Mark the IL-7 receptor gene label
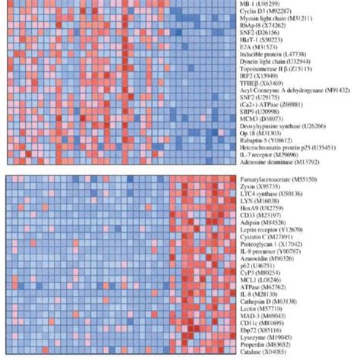pos(264,156)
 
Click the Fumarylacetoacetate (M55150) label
pos(275,180)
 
